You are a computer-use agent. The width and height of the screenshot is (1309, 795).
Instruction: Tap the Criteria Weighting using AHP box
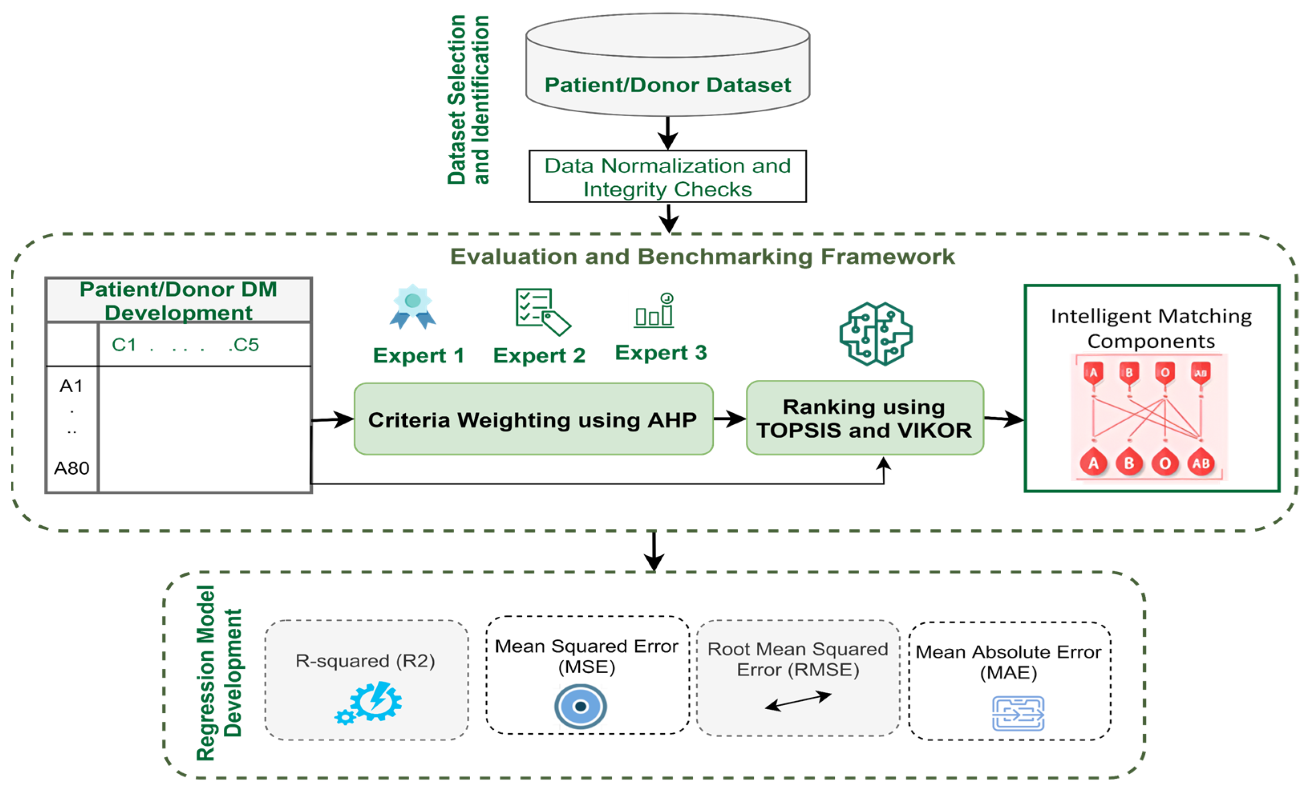click(x=533, y=420)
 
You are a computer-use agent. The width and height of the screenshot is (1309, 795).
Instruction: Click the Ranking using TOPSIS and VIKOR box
click(x=864, y=418)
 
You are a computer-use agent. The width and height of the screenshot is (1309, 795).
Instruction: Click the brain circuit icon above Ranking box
click(x=876, y=333)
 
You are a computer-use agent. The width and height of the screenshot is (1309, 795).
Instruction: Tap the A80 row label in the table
click(x=72, y=468)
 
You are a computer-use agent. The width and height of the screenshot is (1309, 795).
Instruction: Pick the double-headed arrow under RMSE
click(x=798, y=701)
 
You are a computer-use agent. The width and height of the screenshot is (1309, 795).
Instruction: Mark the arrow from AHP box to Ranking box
click(x=729, y=419)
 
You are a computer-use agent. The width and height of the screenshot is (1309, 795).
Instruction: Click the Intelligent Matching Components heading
click(x=1151, y=328)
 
